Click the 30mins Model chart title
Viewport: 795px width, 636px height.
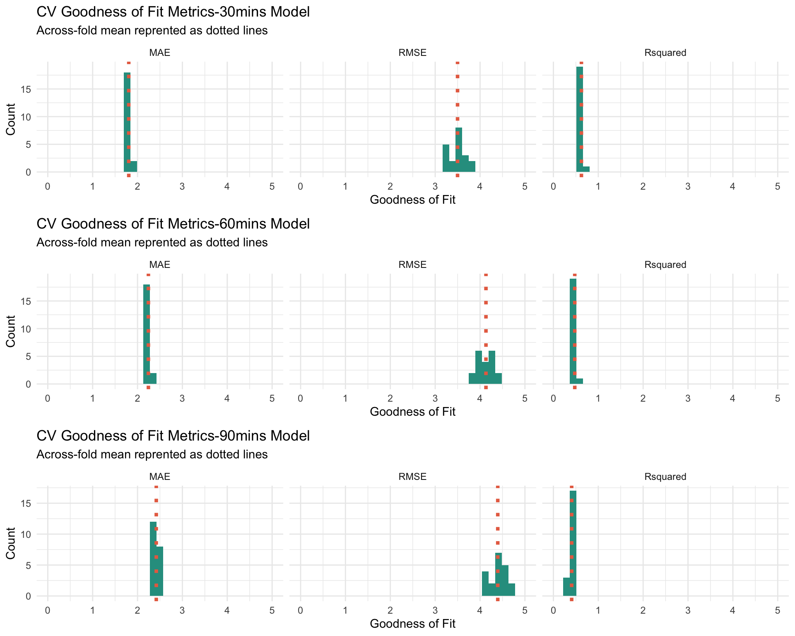coord(173,12)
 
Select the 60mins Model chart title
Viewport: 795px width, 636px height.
coord(173,224)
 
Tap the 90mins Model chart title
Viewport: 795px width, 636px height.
coord(173,436)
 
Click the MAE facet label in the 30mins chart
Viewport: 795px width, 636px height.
coord(160,53)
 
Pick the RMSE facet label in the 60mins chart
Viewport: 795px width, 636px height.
coord(412,265)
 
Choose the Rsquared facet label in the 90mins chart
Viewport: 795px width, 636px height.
coord(665,477)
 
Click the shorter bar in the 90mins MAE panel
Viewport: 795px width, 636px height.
coord(160,571)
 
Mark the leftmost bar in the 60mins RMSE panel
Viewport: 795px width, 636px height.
coord(472,378)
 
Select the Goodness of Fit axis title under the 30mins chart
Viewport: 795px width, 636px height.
coord(412,200)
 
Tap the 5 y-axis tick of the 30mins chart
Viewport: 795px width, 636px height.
coord(28,145)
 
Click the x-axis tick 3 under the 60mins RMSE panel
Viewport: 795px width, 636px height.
coord(435,399)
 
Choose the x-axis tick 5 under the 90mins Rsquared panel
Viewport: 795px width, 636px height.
coord(778,611)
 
